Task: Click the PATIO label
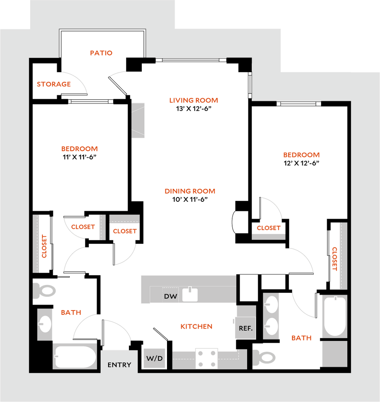pos(101,53)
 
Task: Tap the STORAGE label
pos(54,84)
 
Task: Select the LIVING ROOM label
pos(193,100)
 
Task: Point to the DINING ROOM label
pos(190,191)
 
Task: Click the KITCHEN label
pos(196,327)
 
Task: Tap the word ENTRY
pos(119,365)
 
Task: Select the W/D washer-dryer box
pos(154,358)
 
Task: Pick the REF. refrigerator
pos(246,328)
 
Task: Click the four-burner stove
pos(207,358)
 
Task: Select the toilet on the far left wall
pos(45,291)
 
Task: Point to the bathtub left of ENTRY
pos(75,356)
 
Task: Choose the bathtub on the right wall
pos(335,316)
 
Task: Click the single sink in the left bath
pos(45,324)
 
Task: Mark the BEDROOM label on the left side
pos(79,149)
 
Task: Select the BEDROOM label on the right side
pos(301,155)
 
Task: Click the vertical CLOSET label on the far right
pos(335,259)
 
